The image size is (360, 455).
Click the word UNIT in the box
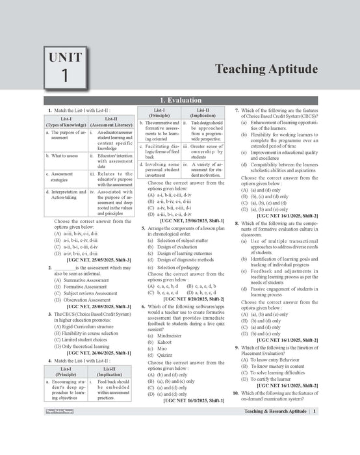(65, 57)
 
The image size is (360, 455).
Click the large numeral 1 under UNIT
(65, 75)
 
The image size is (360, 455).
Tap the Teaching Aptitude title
(257, 69)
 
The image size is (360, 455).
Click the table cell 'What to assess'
(64, 156)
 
